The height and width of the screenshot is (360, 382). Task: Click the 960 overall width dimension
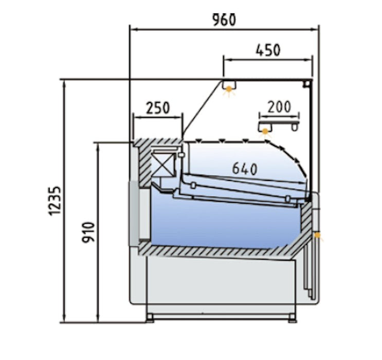(224, 20)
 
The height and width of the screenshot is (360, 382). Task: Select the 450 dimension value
(268, 50)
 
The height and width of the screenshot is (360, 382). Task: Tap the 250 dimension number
(158, 108)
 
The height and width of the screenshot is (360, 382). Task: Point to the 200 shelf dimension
(279, 107)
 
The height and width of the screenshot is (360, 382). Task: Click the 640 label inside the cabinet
(245, 169)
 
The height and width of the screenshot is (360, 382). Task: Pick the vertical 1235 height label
(54, 201)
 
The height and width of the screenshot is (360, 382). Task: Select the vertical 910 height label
(88, 232)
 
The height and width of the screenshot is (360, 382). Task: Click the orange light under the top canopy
(228, 89)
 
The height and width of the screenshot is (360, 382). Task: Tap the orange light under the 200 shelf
(265, 132)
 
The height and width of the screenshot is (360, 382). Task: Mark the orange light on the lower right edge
(317, 235)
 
